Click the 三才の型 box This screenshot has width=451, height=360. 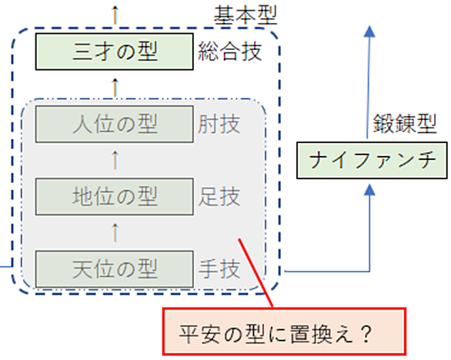[x=115, y=52]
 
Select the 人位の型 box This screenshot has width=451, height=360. [x=115, y=124]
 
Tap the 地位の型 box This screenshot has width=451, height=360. [x=115, y=197]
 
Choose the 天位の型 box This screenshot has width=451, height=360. [x=115, y=269]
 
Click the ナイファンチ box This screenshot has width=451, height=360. [x=372, y=160]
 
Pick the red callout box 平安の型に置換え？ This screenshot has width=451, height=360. [x=285, y=332]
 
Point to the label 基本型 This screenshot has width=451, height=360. [x=246, y=15]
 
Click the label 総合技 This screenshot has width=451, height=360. [x=230, y=52]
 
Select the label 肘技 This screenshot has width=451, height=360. [x=219, y=124]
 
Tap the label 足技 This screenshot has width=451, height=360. [x=219, y=197]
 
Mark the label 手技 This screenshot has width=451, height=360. [x=219, y=269]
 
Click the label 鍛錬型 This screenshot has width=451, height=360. [x=405, y=124]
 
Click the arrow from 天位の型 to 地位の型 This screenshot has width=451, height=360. [x=115, y=232]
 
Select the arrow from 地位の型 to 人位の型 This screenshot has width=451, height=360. [x=115, y=160]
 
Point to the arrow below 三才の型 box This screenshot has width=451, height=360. [x=115, y=88]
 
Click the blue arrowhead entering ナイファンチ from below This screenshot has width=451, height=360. [x=369, y=190]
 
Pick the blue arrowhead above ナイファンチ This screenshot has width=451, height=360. [x=369, y=32]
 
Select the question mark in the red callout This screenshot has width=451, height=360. [x=366, y=334]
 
